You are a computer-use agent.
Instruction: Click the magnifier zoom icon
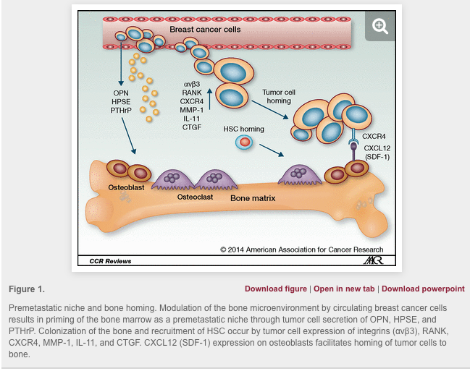380,27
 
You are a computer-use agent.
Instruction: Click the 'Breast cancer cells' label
205,30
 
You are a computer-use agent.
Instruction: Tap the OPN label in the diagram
121,93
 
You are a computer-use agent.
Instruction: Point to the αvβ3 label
192,84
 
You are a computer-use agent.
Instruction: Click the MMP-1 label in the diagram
192,110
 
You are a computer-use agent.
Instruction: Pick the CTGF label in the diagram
192,127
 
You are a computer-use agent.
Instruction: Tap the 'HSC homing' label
243,129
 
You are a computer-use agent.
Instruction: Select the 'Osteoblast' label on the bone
126,188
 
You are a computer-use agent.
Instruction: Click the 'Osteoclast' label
196,196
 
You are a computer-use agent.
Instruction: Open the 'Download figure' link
276,289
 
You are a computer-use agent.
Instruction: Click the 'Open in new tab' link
344,289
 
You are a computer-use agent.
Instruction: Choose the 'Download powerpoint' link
423,289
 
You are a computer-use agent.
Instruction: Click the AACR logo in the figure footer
372,260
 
